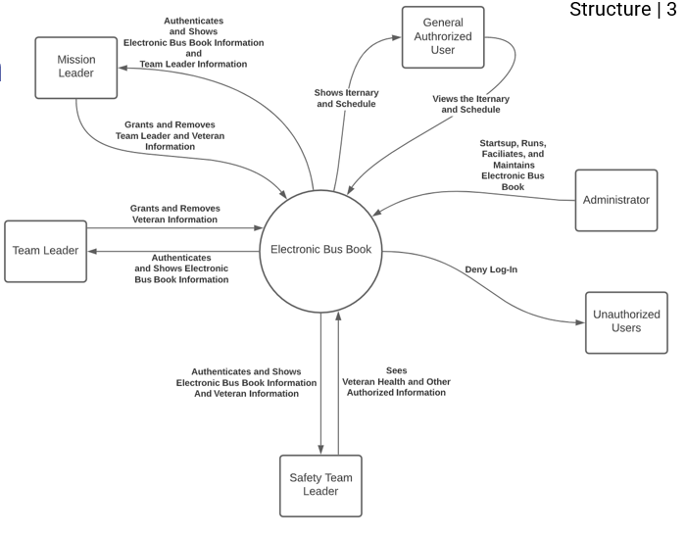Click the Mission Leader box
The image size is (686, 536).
coord(75,68)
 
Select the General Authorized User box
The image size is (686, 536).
coord(443,37)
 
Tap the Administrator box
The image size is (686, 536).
coord(615,200)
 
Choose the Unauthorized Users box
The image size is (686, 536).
coord(626,322)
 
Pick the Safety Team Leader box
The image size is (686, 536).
coord(320,485)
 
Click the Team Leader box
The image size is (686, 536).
coord(45,251)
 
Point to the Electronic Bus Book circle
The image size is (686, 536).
coord(320,249)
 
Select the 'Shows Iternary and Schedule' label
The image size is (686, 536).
coord(345,98)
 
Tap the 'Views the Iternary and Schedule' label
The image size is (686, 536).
coord(470,104)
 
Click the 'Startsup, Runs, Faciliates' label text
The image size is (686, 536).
coord(513,165)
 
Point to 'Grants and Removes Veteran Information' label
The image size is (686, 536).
coord(174,214)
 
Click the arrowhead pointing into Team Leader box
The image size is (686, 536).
coord(94,251)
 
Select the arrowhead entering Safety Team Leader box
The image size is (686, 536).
coord(320,450)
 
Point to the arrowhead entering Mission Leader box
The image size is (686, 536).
coord(123,68)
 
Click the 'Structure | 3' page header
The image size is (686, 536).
coord(622,10)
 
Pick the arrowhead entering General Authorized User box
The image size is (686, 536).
coord(396,37)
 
